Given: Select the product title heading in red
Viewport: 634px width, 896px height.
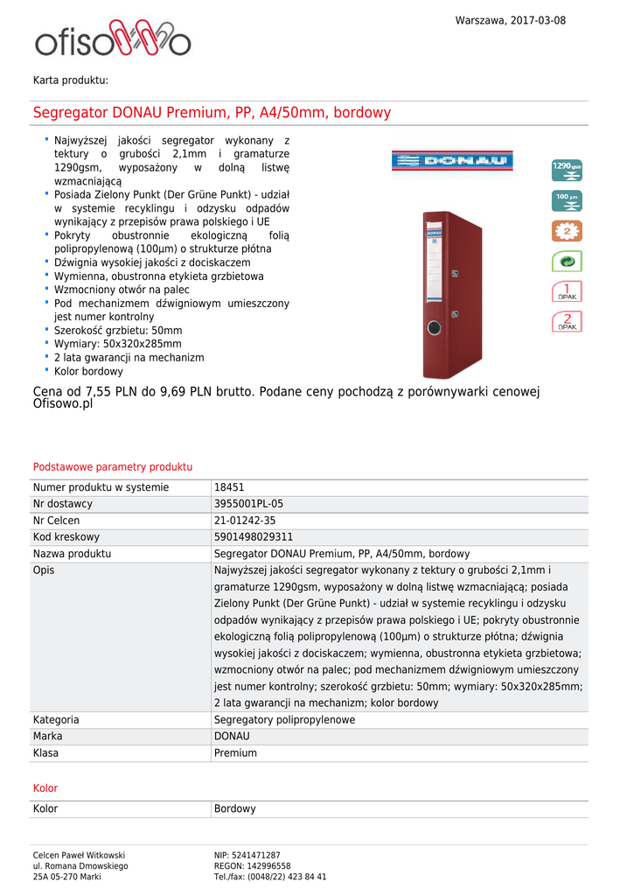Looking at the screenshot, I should tap(212, 113).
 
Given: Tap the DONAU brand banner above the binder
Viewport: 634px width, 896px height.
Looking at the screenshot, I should tap(451, 161).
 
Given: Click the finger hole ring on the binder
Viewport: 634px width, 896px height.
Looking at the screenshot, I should tap(435, 328).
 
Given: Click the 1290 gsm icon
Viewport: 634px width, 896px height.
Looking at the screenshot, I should tap(567, 169).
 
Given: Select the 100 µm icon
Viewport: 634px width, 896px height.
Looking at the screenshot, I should tap(567, 200).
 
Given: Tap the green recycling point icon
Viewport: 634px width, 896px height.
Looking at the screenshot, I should tap(567, 261).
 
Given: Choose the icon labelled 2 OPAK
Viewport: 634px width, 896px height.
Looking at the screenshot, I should tap(567, 321).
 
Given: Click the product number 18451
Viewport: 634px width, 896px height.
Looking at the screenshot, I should tap(229, 487).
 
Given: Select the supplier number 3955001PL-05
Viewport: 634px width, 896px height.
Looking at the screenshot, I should tap(248, 504).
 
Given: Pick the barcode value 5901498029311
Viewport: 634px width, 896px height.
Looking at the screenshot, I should tap(254, 537).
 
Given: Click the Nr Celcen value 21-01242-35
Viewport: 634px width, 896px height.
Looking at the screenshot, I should tap(245, 521).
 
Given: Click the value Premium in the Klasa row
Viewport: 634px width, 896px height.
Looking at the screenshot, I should tap(235, 753).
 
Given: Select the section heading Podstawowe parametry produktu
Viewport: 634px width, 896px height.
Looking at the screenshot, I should tap(113, 467).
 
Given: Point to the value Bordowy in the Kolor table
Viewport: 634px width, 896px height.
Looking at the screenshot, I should tap(235, 809).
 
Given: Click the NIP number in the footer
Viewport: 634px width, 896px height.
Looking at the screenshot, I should tap(247, 855).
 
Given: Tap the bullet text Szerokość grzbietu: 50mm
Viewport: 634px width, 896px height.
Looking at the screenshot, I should tap(118, 331).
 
